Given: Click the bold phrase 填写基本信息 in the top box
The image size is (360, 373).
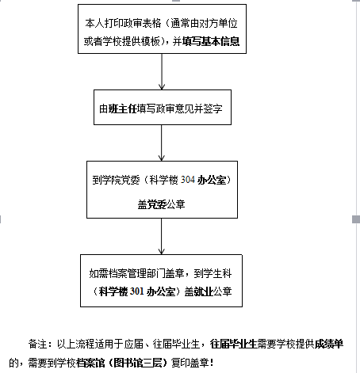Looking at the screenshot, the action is [x=211, y=41].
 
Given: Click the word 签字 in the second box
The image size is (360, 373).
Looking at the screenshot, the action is [x=213, y=108].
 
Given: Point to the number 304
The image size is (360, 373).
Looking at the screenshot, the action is [x=188, y=180].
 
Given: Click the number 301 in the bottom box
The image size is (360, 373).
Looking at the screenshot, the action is [x=137, y=291].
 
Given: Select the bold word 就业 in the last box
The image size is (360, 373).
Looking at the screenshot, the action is [x=203, y=291].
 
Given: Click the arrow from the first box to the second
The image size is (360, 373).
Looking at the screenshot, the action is [x=162, y=71].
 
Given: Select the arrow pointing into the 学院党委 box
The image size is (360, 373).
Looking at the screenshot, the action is [x=162, y=143].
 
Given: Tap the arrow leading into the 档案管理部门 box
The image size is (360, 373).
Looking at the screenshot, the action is [x=162, y=236].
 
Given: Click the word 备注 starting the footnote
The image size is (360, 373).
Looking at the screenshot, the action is [x=37, y=344].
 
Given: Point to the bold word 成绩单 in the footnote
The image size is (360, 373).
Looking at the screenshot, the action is [x=329, y=344].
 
